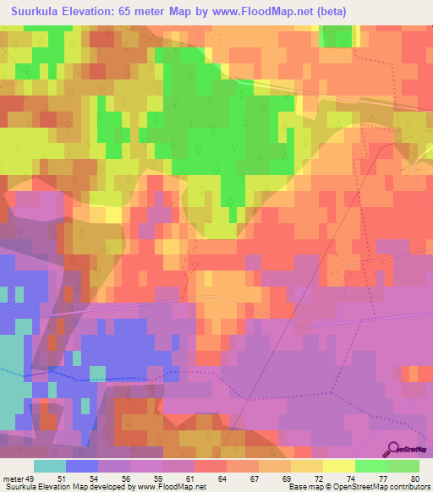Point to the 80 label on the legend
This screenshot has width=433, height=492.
tap(414, 478)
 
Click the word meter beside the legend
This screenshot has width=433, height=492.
tap(14, 478)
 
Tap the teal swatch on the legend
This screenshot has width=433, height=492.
tap(50, 466)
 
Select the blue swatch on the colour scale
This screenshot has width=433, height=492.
tap(82, 466)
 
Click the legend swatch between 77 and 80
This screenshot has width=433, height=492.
tap(403, 466)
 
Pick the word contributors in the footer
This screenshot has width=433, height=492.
tap(408, 488)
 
